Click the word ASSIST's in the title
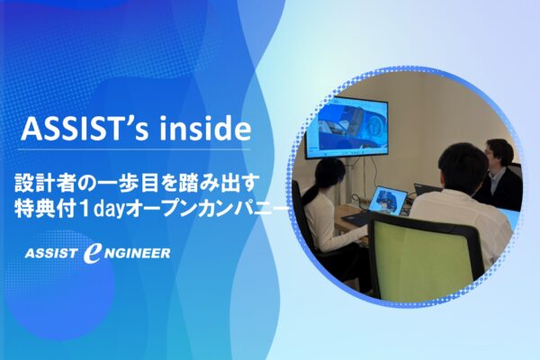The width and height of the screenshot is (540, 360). click(86, 130)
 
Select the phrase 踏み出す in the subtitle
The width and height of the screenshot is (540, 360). click(227, 182)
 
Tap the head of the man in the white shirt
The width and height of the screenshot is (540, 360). click(457, 166)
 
